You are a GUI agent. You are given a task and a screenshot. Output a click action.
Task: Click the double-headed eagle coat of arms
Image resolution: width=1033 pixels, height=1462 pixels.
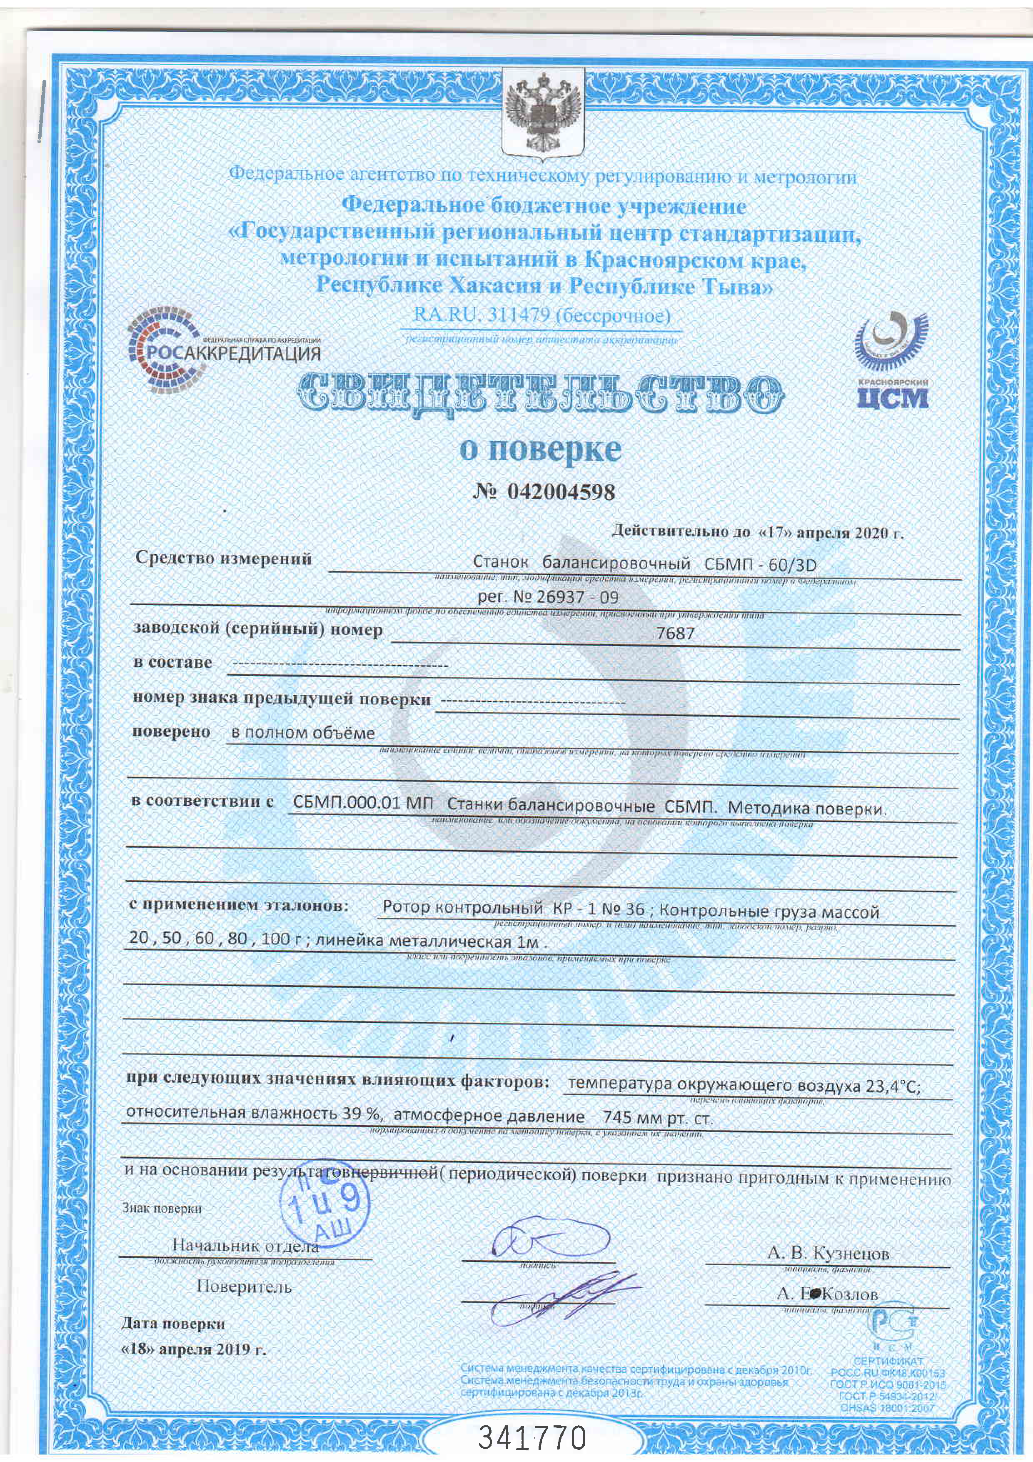pyautogui.click(x=542, y=115)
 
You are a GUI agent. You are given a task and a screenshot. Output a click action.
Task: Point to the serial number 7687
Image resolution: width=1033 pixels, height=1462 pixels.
pyautogui.click(x=675, y=633)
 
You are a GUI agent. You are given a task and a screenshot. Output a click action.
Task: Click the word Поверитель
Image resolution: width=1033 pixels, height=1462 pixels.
pyautogui.click(x=244, y=1287)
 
